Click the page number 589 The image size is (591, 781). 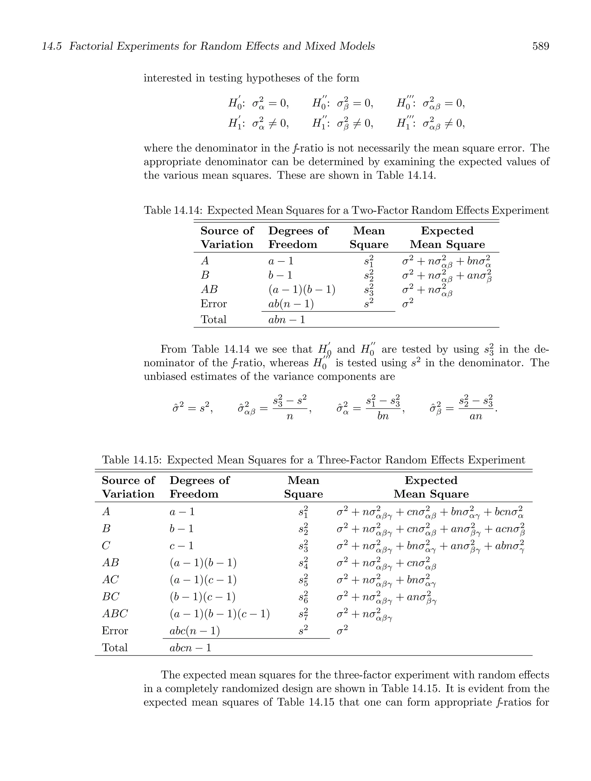pyautogui.click(x=540, y=46)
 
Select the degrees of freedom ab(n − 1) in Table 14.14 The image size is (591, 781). pyautogui.click(x=291, y=304)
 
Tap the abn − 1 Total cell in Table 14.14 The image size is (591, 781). pyautogui.click(x=287, y=320)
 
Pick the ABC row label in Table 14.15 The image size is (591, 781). pyautogui.click(x=115, y=614)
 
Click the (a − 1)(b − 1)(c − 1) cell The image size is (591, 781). pyautogui.click(x=220, y=614)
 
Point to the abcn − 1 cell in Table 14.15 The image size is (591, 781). pyautogui.click(x=190, y=648)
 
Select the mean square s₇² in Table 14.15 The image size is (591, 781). pyautogui.click(x=303, y=614)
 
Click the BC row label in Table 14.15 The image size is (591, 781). pyautogui.click(x=111, y=597)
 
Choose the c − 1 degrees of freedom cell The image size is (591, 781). pyautogui.click(x=182, y=546)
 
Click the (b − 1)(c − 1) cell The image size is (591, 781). pyautogui.click(x=202, y=597)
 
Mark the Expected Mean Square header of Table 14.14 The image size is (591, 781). pyautogui.click(x=447, y=238)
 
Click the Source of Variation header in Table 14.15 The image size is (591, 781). pyautogui.click(x=128, y=487)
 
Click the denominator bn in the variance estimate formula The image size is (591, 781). pyautogui.click(x=383, y=416)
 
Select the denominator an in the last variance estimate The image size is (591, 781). pyautogui.click(x=476, y=416)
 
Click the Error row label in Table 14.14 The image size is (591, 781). pyautogui.click(x=214, y=304)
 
